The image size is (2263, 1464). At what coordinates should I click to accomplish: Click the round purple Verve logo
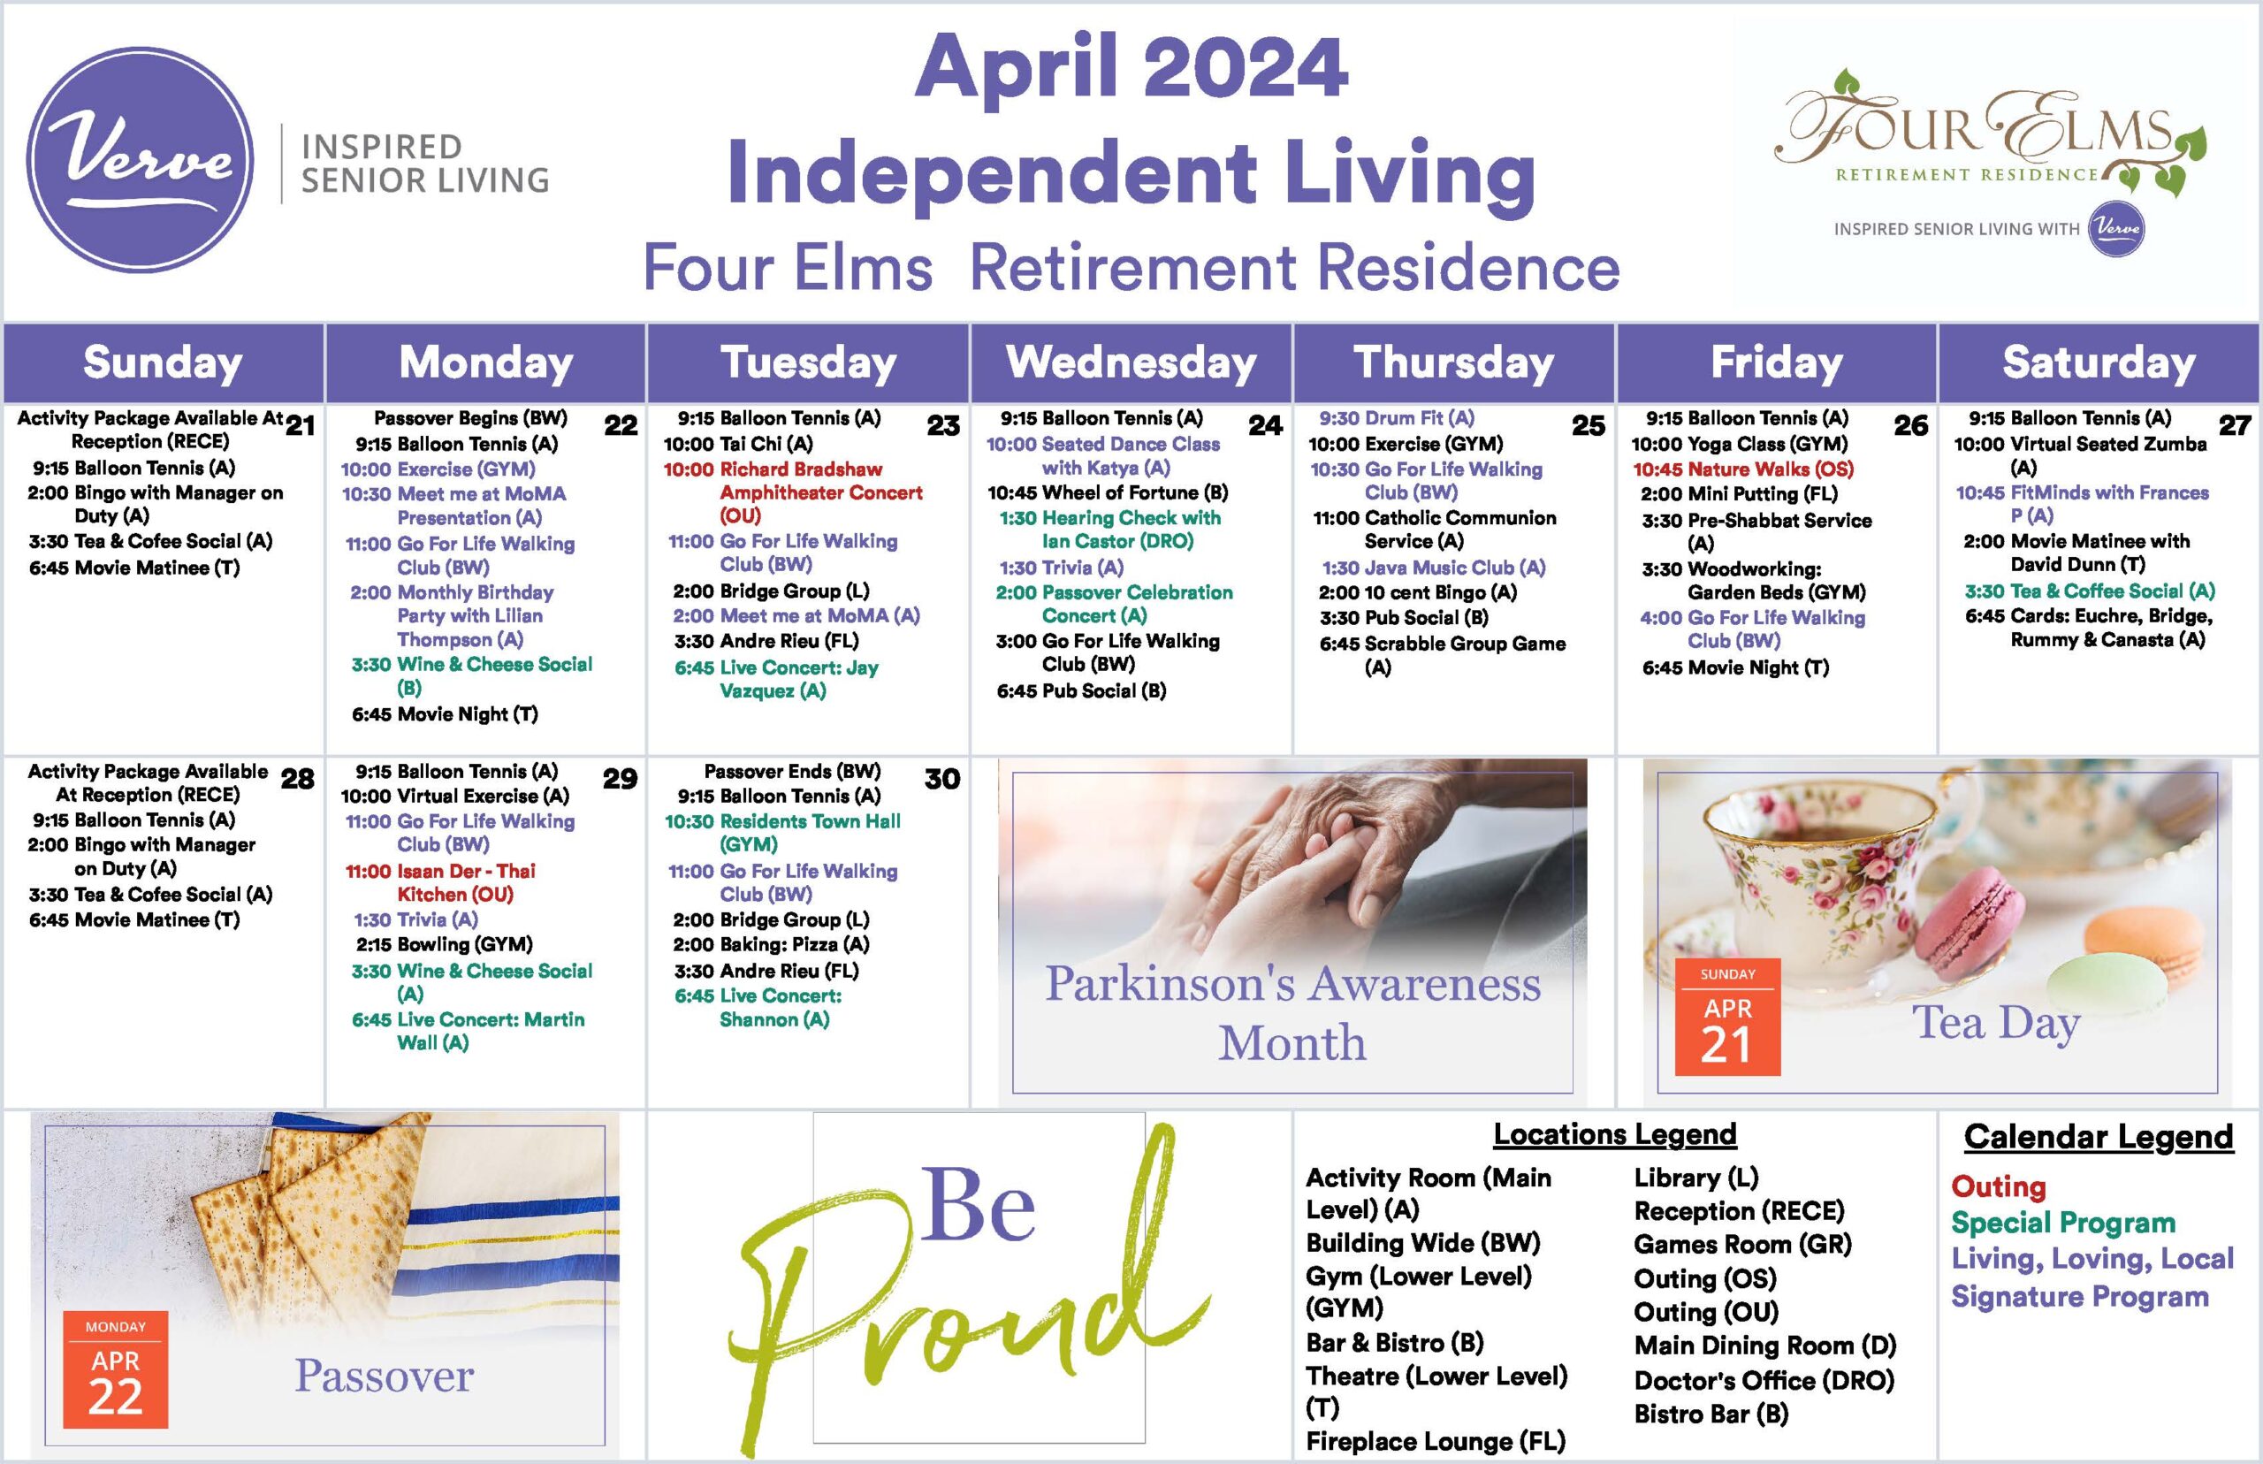click(x=140, y=160)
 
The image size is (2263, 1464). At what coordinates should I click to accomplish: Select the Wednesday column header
click(x=1131, y=362)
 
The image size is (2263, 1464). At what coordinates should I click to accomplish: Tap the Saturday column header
click(x=2099, y=362)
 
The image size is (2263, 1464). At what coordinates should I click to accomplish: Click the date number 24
click(x=1265, y=425)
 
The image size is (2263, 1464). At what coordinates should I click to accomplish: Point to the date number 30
click(x=942, y=779)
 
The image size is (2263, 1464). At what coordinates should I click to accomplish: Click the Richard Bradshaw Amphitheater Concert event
click(x=793, y=492)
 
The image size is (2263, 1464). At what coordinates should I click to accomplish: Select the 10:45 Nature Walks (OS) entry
click(x=1743, y=469)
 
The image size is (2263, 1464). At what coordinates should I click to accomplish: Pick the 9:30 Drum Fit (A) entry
click(x=1396, y=418)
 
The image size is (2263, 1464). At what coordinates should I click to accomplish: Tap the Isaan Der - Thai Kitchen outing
click(x=440, y=882)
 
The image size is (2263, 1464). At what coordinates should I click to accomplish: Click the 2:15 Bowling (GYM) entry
click(x=444, y=944)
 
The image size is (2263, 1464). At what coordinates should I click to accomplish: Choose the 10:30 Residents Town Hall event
click(x=782, y=833)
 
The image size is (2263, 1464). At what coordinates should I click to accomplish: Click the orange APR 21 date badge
click(x=1727, y=1018)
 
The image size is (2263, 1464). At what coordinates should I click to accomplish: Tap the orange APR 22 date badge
click(x=115, y=1370)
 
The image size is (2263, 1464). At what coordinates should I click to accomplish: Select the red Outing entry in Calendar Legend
click(x=1998, y=1186)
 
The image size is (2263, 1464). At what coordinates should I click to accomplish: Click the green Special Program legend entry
click(x=2062, y=1223)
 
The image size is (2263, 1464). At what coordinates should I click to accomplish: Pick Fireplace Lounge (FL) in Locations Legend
click(x=1436, y=1441)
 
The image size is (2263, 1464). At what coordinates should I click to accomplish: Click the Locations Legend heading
click(x=1615, y=1134)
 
